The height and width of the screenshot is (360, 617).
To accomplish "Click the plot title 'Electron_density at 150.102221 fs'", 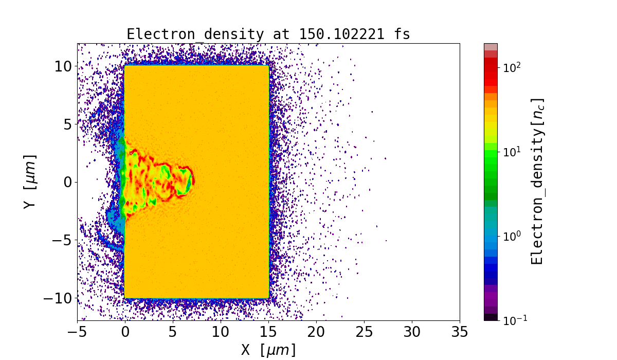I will (x=268, y=34).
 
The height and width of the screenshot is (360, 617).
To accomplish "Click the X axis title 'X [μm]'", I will (x=268, y=350).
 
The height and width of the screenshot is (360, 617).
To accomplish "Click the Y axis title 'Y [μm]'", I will (x=30, y=182).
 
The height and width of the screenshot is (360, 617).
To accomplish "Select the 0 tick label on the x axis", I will (x=125, y=332).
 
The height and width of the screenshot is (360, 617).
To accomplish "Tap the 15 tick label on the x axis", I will (x=268, y=332).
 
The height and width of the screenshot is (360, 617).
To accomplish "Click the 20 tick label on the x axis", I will (x=316, y=332).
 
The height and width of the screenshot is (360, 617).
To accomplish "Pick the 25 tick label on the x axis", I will (x=364, y=332).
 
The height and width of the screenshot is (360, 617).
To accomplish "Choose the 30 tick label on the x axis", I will (x=412, y=332).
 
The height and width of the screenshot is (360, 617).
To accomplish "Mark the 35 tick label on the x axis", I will (x=460, y=332).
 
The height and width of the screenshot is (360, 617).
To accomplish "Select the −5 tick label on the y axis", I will (x=63, y=240).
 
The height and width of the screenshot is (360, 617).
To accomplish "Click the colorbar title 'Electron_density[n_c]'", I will (x=537, y=182).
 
